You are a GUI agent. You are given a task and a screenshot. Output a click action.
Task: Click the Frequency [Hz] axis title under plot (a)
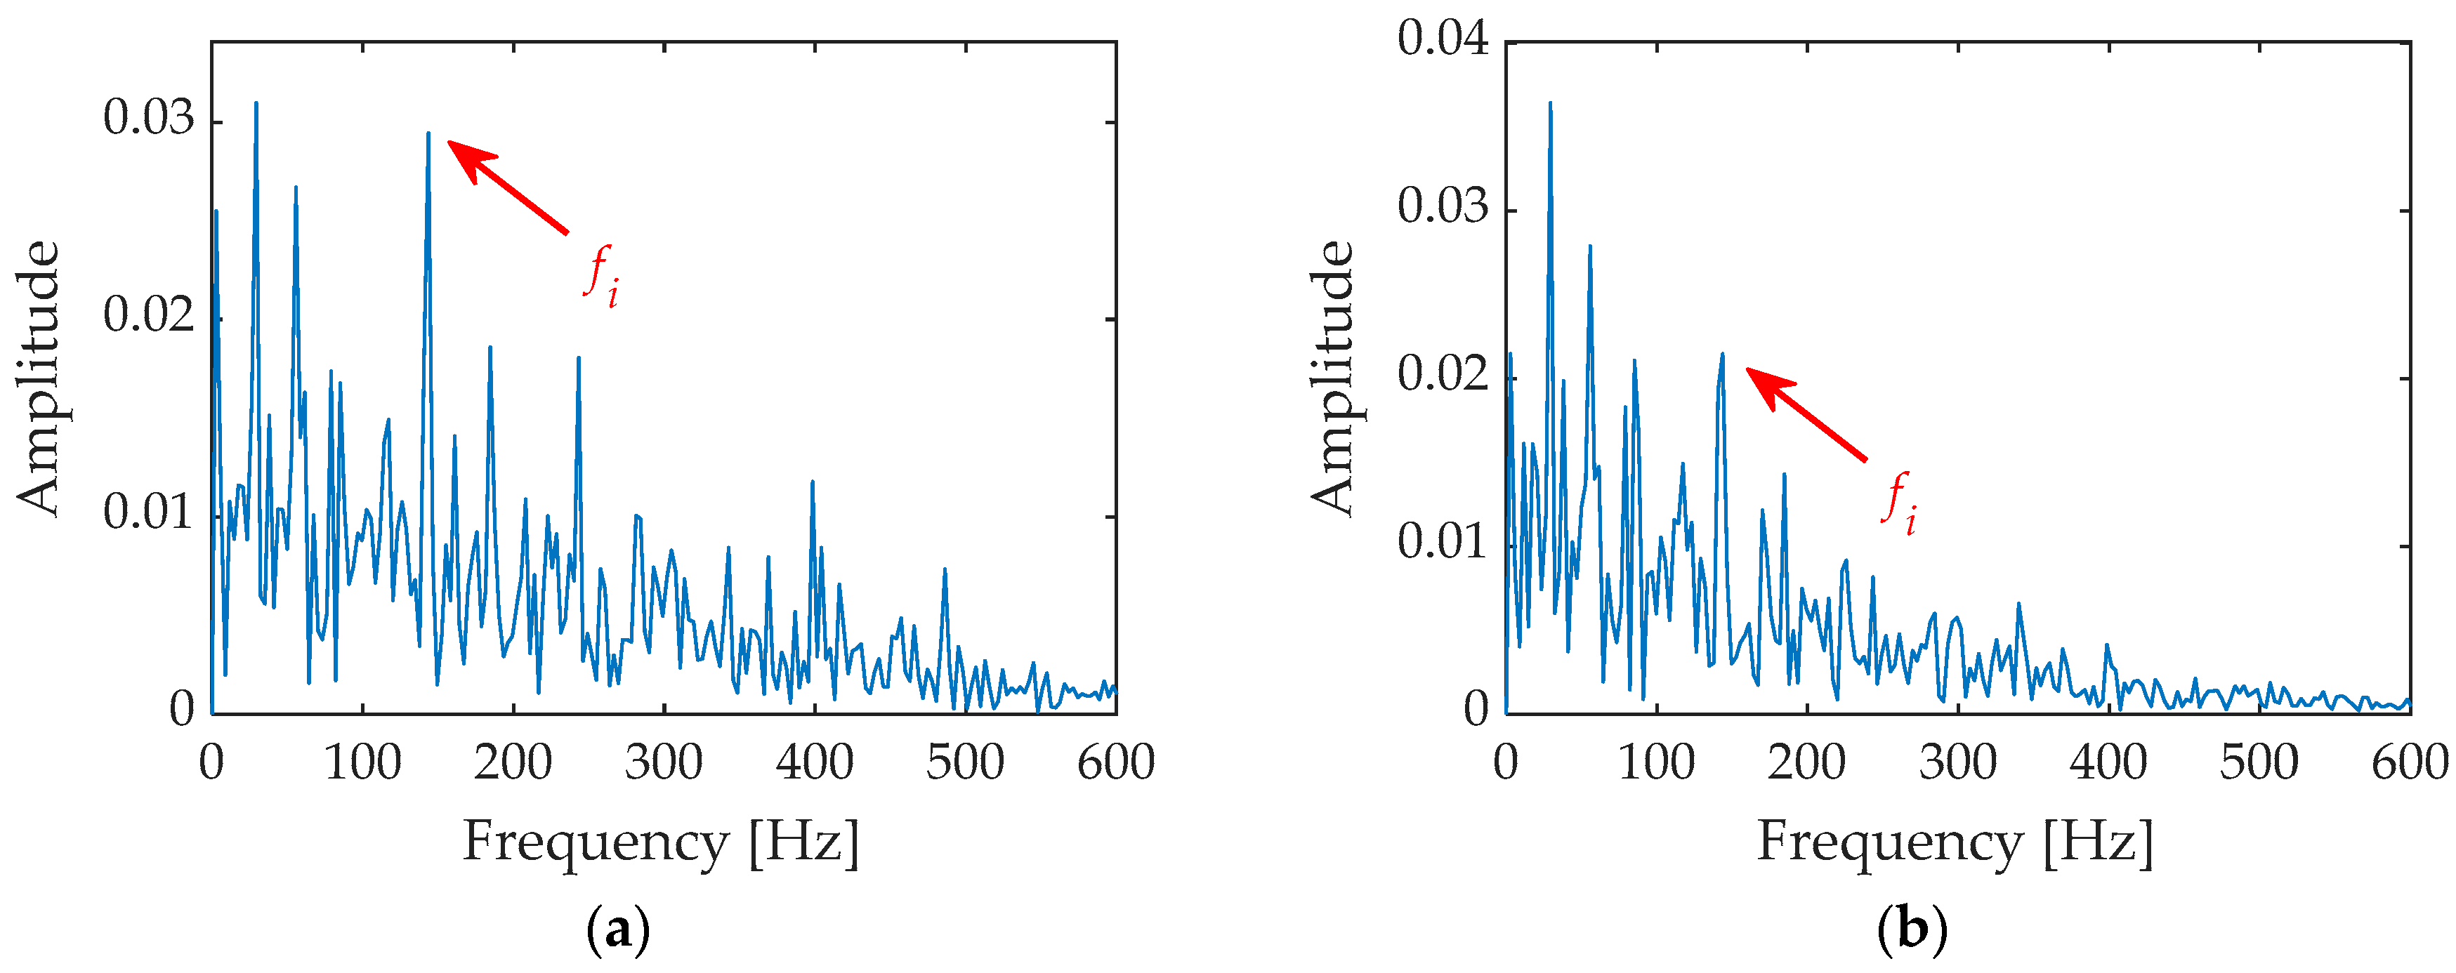[661, 842]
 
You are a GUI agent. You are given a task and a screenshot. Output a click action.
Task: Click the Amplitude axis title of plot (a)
[38, 378]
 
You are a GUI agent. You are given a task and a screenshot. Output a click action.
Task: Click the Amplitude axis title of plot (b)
[1332, 378]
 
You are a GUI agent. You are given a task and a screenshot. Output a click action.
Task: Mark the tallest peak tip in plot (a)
[256, 103]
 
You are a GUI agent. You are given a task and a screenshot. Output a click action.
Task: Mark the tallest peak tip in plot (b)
[1550, 103]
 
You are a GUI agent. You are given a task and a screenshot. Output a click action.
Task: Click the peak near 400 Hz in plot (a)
[813, 482]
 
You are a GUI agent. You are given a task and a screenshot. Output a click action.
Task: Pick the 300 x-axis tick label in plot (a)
[664, 762]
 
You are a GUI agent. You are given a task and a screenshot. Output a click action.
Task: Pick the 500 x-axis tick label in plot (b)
[2259, 762]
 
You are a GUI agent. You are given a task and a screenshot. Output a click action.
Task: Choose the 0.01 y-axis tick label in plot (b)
[1443, 542]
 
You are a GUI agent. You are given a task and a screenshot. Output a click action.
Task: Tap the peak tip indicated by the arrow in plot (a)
[428, 133]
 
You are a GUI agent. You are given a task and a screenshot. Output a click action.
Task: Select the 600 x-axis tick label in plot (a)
[1115, 762]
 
